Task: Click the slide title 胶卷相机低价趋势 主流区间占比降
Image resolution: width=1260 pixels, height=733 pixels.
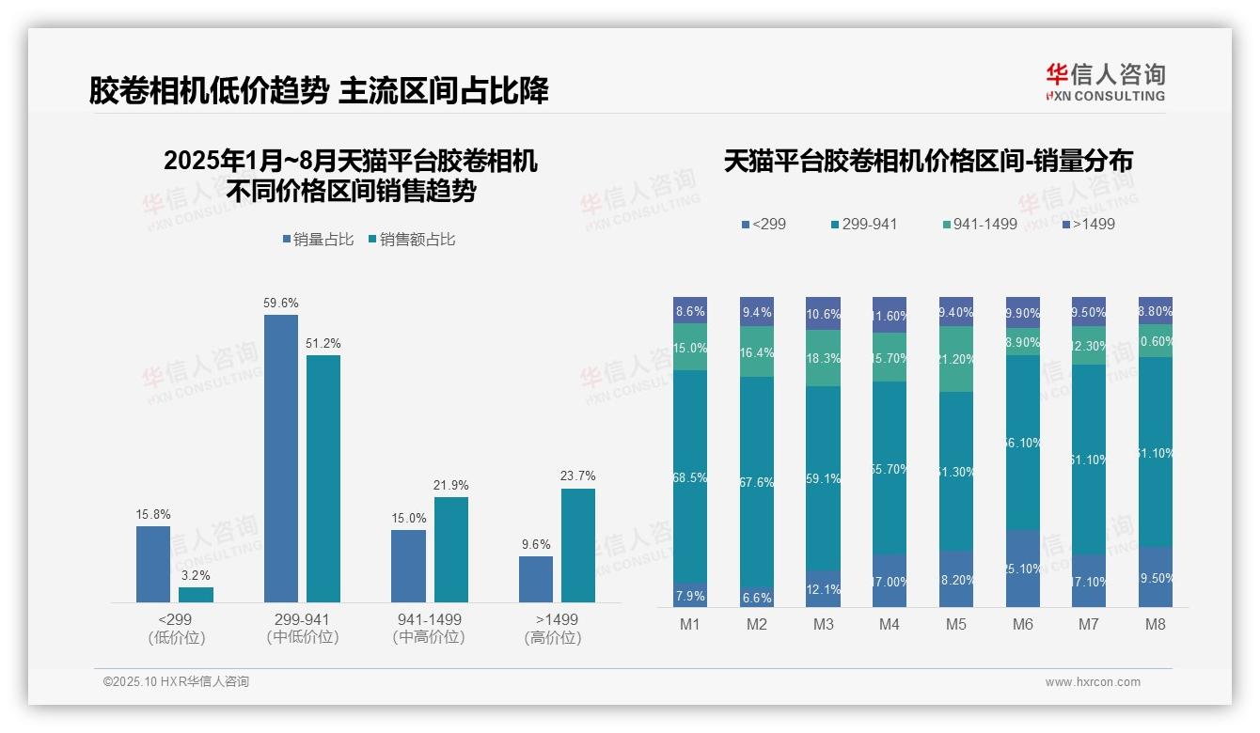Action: click(319, 90)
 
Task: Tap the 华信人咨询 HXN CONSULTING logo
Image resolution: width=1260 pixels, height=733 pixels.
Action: click(1105, 83)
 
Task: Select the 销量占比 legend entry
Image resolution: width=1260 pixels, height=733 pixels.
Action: click(318, 240)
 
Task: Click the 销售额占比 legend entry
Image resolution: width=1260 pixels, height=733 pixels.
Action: click(412, 240)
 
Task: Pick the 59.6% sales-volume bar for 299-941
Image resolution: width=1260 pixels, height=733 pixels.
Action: click(281, 458)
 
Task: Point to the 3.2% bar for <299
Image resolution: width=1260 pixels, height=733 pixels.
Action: click(196, 594)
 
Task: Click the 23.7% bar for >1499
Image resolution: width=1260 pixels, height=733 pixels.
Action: click(578, 545)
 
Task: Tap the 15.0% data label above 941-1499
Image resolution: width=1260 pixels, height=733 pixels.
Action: click(408, 518)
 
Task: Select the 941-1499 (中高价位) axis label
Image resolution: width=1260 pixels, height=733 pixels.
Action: click(429, 628)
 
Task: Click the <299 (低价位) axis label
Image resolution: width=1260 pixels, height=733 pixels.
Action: click(176, 628)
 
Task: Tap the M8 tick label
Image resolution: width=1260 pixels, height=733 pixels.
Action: click(1156, 624)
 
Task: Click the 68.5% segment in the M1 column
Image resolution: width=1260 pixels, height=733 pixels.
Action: click(690, 476)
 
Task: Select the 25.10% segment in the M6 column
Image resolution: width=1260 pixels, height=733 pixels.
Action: click(1023, 568)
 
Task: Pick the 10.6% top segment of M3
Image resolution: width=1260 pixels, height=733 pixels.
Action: click(823, 313)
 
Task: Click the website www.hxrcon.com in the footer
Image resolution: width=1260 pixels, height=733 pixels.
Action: click(1093, 682)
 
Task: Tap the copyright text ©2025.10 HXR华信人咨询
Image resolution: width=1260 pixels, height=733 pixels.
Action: click(176, 682)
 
